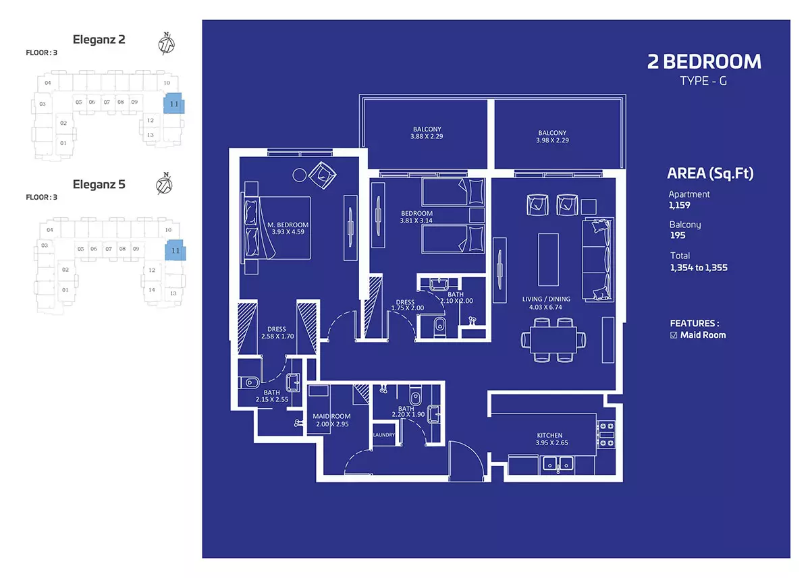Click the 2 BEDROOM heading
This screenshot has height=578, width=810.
click(x=704, y=62)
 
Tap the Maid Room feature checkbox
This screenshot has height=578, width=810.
click(x=674, y=335)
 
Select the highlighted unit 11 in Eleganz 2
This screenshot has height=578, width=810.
click(x=174, y=103)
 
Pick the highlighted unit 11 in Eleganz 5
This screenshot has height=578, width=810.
click(x=175, y=250)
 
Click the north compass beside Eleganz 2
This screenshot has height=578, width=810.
click(x=166, y=44)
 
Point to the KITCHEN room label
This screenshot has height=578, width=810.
click(x=549, y=435)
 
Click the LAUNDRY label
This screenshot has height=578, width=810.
click(x=384, y=434)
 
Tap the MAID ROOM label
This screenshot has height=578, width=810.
click(x=331, y=416)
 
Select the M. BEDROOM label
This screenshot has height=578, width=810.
click(x=288, y=225)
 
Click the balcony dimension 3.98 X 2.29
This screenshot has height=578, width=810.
click(x=552, y=140)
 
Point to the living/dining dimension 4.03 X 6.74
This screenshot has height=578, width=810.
click(x=545, y=307)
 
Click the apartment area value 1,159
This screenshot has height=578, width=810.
click(x=680, y=205)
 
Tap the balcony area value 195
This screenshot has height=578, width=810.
click(x=678, y=235)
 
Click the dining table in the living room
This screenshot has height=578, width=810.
click(x=553, y=340)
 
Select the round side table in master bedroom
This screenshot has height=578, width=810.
click(x=300, y=175)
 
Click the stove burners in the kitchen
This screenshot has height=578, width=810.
click(x=605, y=434)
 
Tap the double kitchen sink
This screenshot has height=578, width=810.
click(x=558, y=463)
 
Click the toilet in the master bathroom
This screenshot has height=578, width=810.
click(x=249, y=382)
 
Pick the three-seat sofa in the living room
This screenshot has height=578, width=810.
click(x=598, y=260)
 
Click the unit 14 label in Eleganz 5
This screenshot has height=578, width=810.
click(x=152, y=290)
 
